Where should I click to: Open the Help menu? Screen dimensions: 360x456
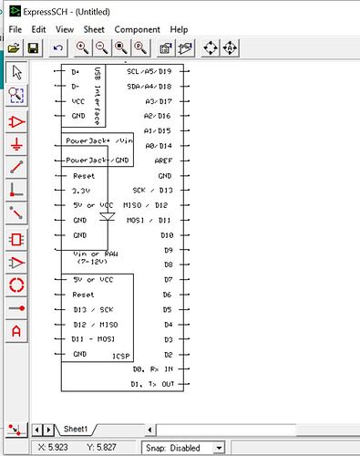coord(180,29)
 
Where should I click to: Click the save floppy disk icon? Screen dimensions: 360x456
coord(33,47)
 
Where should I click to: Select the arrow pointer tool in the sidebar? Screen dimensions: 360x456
coord(15,72)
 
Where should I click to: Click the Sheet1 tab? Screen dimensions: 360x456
coord(76,429)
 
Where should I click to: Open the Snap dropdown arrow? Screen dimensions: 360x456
coord(219,448)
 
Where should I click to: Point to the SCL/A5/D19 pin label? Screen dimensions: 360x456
coord(149,70)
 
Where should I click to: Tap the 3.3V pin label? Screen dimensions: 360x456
coord(82,191)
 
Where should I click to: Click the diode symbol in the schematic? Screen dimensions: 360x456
coord(106,218)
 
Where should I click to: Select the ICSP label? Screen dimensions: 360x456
coord(120,354)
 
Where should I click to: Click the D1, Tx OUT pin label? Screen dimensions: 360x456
coord(152,384)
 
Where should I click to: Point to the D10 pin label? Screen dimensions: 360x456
coord(167,234)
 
